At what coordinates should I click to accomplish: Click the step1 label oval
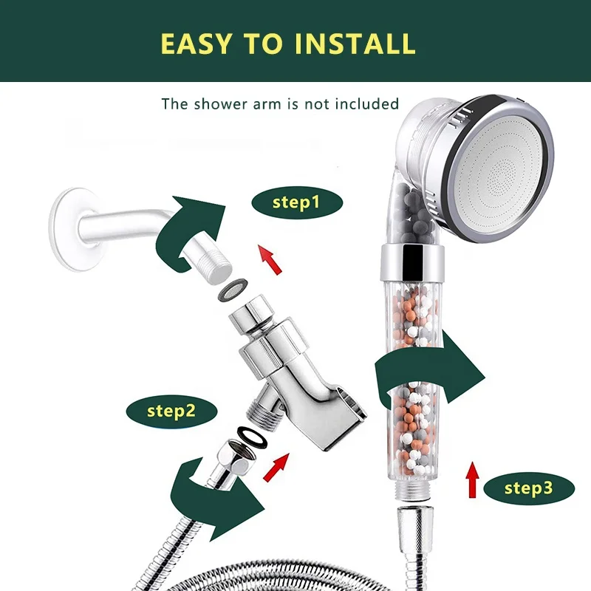coord(296,201)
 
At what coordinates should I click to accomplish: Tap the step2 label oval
coord(171,410)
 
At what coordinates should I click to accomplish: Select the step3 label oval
coord(528,487)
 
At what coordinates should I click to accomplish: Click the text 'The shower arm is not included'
coord(280,103)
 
